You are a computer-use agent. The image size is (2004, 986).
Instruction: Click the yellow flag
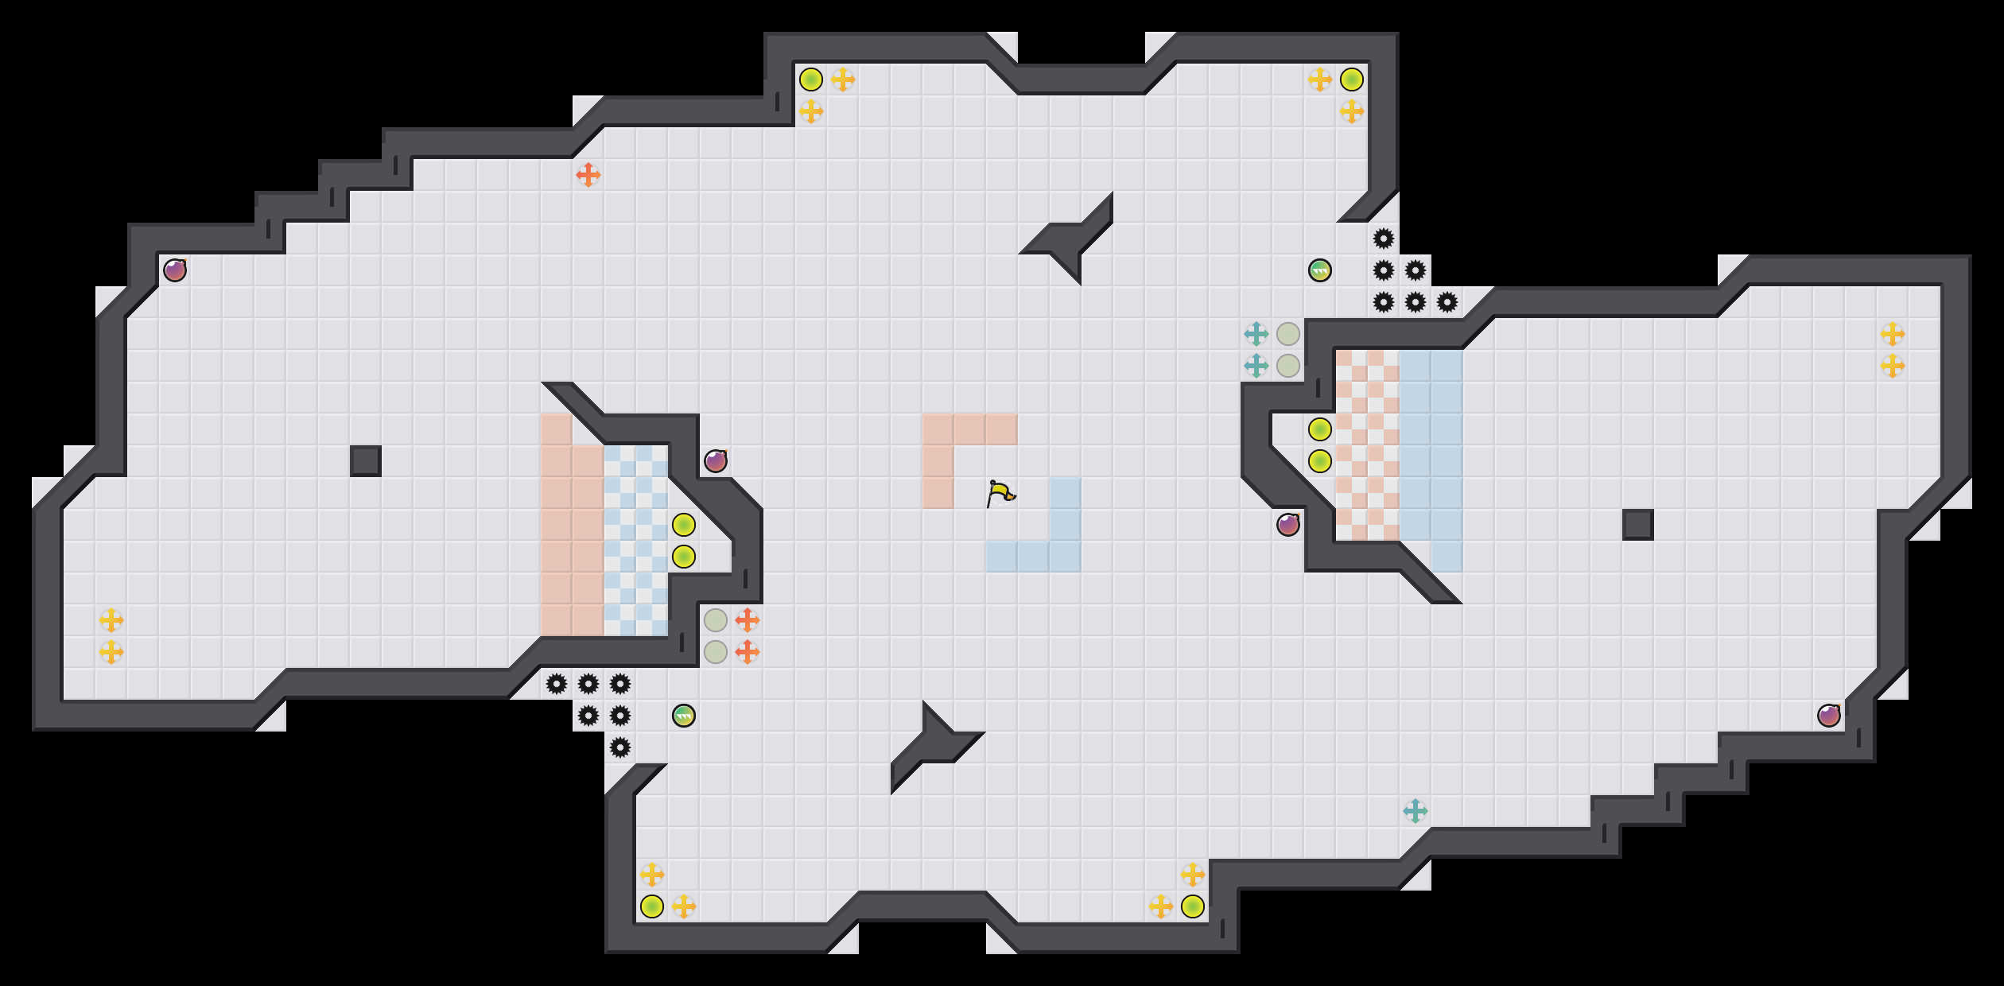(x=1000, y=493)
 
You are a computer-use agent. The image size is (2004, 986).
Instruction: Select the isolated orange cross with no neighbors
(x=588, y=175)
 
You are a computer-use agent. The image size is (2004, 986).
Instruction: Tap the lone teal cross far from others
(x=1416, y=811)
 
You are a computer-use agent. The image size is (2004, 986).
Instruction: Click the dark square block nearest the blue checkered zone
(x=366, y=461)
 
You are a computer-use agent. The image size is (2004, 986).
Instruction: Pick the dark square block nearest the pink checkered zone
(x=1638, y=525)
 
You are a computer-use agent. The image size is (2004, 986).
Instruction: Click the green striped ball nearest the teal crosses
(x=1320, y=270)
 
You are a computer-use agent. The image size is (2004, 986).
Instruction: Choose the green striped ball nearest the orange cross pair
(x=684, y=716)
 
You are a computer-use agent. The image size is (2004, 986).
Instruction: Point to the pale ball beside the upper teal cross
(x=1288, y=334)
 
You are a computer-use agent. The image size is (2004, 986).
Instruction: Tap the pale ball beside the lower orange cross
(x=716, y=652)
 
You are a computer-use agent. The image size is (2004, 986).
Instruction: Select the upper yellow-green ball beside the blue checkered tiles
(x=684, y=525)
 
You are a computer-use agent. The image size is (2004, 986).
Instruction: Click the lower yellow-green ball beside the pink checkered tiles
(x=1320, y=461)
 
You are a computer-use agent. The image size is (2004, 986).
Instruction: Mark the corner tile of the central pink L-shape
(x=938, y=429)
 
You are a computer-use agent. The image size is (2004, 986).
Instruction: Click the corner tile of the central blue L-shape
(x=1066, y=557)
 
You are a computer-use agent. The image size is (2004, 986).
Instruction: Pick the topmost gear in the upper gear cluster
(x=1384, y=239)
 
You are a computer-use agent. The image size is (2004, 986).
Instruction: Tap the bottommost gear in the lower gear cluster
(x=620, y=747)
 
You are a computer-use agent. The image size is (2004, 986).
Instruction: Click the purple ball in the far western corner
(x=175, y=270)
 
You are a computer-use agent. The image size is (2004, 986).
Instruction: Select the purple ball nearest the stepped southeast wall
(x=1829, y=716)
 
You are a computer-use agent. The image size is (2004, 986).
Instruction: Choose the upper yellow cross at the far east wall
(x=1893, y=334)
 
